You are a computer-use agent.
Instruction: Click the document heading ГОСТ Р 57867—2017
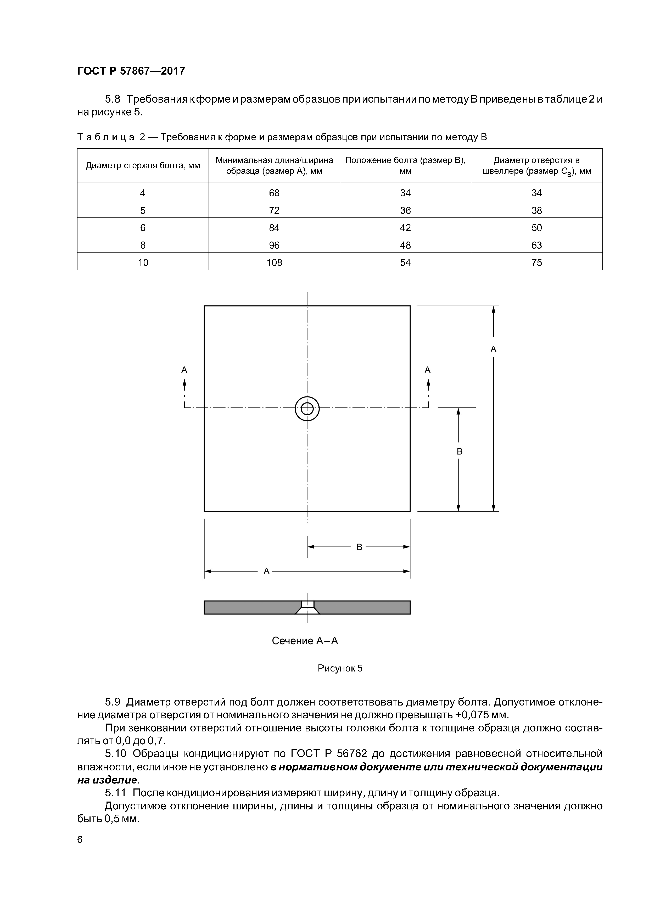[x=131, y=71]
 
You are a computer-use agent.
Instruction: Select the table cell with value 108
[x=274, y=262]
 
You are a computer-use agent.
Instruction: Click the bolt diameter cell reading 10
[x=143, y=262]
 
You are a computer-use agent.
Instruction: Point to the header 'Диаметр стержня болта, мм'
[x=143, y=166]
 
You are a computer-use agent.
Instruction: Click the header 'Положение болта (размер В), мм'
[x=405, y=166]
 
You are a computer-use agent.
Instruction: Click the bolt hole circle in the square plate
[x=307, y=408]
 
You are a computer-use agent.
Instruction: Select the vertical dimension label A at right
[x=494, y=349]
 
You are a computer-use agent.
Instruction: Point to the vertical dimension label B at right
[x=460, y=451]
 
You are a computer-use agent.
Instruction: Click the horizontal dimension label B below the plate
[x=359, y=547]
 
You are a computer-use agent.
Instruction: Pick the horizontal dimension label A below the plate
[x=267, y=571]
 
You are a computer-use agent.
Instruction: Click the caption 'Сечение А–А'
[x=305, y=641]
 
